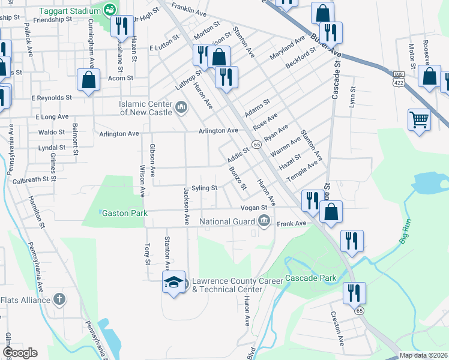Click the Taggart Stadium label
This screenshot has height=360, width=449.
point(70,11)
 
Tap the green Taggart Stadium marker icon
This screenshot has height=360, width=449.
point(109,9)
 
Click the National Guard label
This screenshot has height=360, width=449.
point(228,221)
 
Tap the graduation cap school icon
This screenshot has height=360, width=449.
point(173,282)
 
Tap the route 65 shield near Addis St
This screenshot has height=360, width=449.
point(256,144)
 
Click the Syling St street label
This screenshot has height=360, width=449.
point(204,188)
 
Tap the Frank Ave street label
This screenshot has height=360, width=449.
point(292,223)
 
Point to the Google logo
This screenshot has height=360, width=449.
point(20,353)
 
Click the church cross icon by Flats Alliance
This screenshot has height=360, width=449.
point(59,299)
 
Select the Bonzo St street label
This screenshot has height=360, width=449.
point(238,177)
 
